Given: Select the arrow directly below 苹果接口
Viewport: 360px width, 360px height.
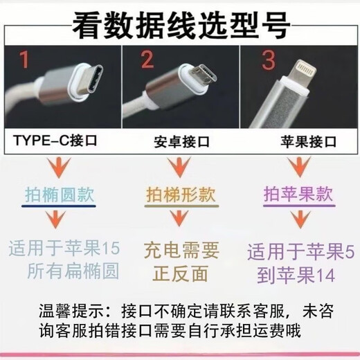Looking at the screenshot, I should click(298, 166).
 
